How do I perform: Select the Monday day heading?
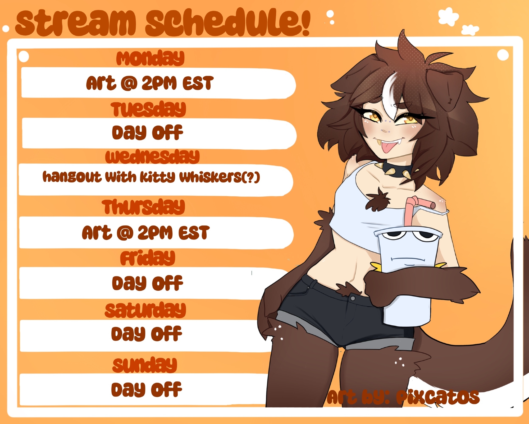coord(150,58)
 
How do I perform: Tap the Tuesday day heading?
coord(148,109)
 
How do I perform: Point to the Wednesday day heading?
coord(152,156)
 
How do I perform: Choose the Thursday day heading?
coord(143,207)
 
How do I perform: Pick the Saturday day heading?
coord(145,310)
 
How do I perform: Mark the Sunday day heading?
coord(145,365)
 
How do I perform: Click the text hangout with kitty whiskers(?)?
coord(151,177)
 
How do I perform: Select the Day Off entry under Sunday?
coord(147,389)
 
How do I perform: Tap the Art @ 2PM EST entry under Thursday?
coord(146,233)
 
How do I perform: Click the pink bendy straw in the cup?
coord(415,211)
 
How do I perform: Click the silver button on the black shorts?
coord(353,298)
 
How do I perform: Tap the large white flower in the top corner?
coord(448,16)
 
